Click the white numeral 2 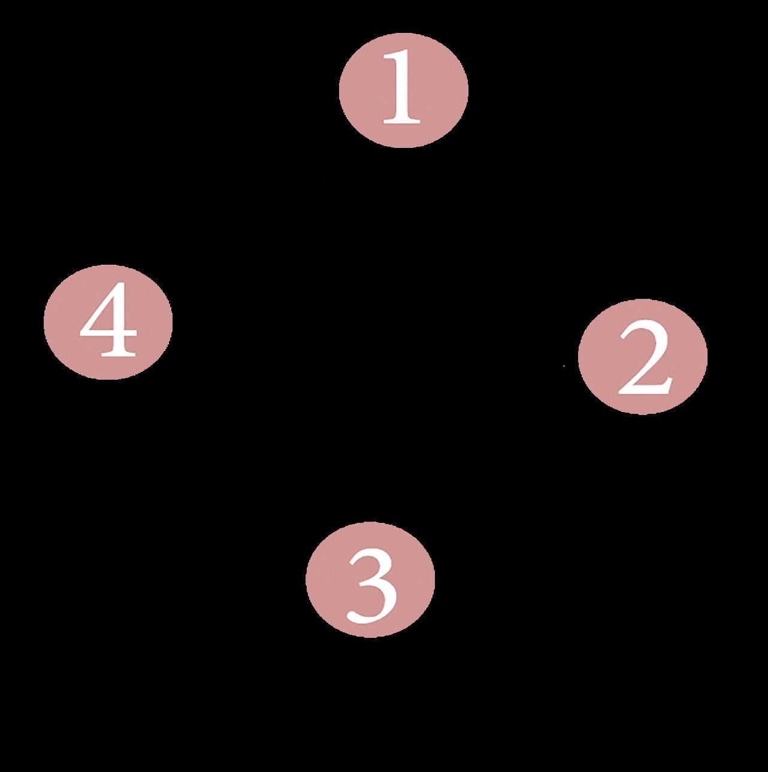[644, 359]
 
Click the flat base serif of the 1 [403, 122]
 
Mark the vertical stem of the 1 [403, 90]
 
